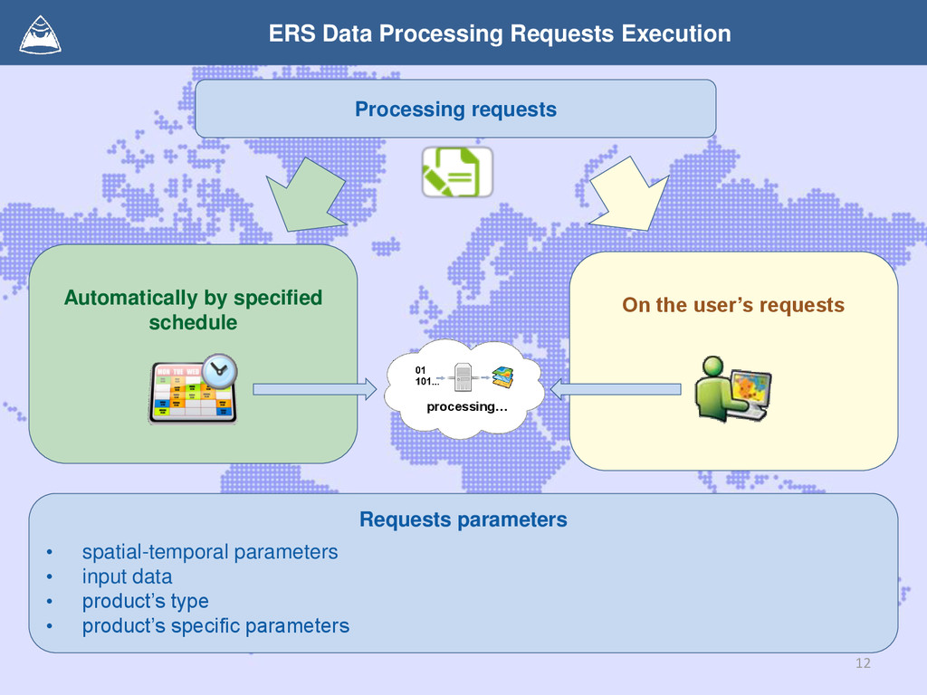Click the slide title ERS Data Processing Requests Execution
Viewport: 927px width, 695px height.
500,34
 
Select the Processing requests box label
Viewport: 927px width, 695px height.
455,109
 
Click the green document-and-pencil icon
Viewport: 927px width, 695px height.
457,172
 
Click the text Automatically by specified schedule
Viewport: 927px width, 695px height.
193,309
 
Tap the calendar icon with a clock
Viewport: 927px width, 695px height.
192,391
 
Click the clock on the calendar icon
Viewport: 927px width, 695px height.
220,370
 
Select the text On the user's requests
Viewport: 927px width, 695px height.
733,305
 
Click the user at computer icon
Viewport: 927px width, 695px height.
733,389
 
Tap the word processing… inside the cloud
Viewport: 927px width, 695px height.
467,406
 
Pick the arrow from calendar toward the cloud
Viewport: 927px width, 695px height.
313,389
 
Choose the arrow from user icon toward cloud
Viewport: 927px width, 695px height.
616,389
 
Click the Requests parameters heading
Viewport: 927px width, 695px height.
463,519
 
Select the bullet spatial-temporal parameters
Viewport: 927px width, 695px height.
210,551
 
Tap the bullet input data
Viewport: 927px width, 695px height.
127,576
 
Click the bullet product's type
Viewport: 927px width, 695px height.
145,601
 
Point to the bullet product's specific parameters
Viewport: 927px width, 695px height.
215,625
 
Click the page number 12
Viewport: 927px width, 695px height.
862,664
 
